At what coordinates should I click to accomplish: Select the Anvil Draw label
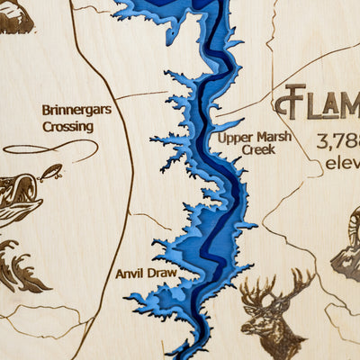pos(146,272)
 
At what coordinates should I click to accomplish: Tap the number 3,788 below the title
pos(337,142)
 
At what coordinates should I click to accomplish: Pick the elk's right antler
pos(297,286)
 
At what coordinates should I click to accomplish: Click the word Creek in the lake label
pos(258,149)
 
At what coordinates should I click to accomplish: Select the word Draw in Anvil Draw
pos(162,272)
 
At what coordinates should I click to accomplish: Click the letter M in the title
pos(351,104)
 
